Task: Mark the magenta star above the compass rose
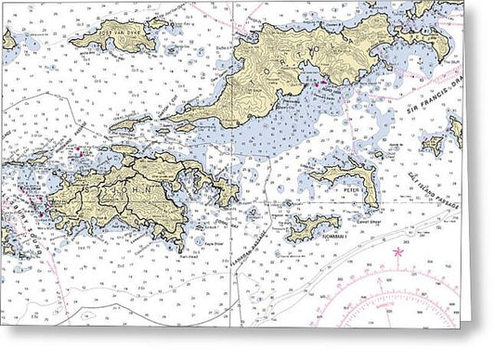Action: click(x=398, y=252)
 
